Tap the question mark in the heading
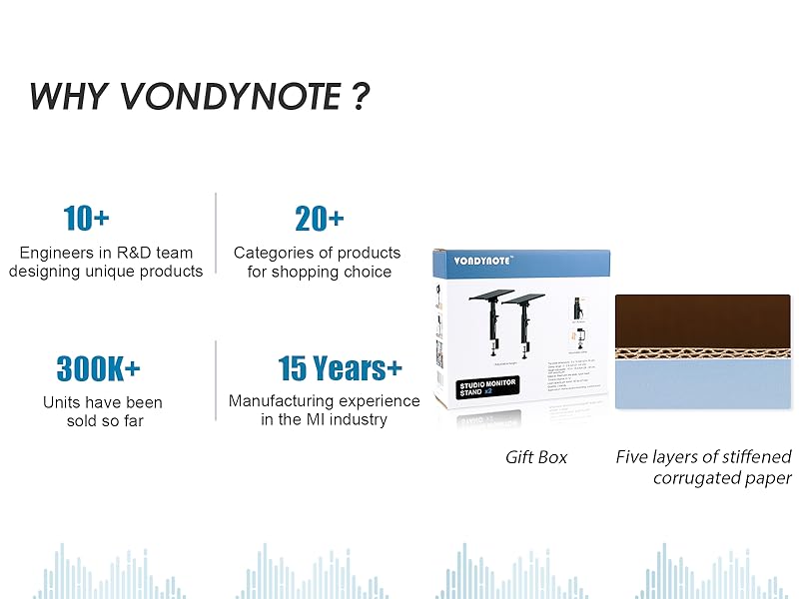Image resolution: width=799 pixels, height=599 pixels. click(361, 96)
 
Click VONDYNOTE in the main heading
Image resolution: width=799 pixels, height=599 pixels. click(229, 96)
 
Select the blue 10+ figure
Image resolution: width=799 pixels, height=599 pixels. click(86, 218)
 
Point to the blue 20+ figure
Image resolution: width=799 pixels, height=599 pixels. click(319, 218)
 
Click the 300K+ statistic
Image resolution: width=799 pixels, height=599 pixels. click(98, 368)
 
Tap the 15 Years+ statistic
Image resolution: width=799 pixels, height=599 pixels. click(340, 368)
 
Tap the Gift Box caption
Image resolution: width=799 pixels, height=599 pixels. click(535, 457)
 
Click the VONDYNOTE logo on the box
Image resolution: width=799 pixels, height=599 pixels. click(483, 262)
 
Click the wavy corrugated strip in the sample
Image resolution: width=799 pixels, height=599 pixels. click(702, 352)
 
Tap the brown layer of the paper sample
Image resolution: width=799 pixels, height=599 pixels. click(702, 319)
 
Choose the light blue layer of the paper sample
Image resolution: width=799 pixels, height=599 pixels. click(702, 384)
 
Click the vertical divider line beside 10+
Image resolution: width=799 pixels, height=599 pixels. click(216, 232)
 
